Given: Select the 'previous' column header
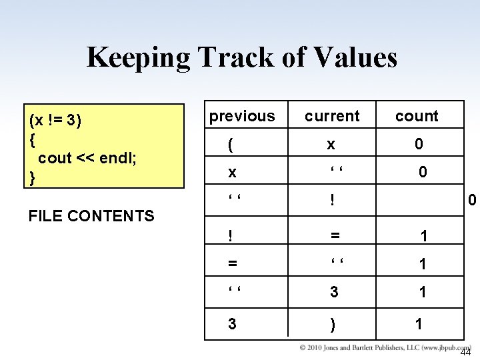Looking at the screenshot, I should coord(241,116).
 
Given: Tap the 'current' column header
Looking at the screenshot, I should coord(332,116).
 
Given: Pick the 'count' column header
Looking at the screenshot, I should coord(417,116).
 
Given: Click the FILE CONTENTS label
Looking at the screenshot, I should coord(92,215).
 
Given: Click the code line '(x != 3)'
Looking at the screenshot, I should coord(55,121).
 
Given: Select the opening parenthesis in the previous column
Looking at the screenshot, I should coord(231,145).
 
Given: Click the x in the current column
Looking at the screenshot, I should coord(331,145).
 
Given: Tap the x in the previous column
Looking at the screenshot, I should coord(232,173).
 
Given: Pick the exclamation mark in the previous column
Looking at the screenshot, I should coord(230,235).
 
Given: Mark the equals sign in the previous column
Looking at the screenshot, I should coord(232,264).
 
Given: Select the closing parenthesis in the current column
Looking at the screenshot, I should coord(332,325).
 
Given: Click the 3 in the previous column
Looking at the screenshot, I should coord(232,325).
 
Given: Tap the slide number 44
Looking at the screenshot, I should coord(466,353).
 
